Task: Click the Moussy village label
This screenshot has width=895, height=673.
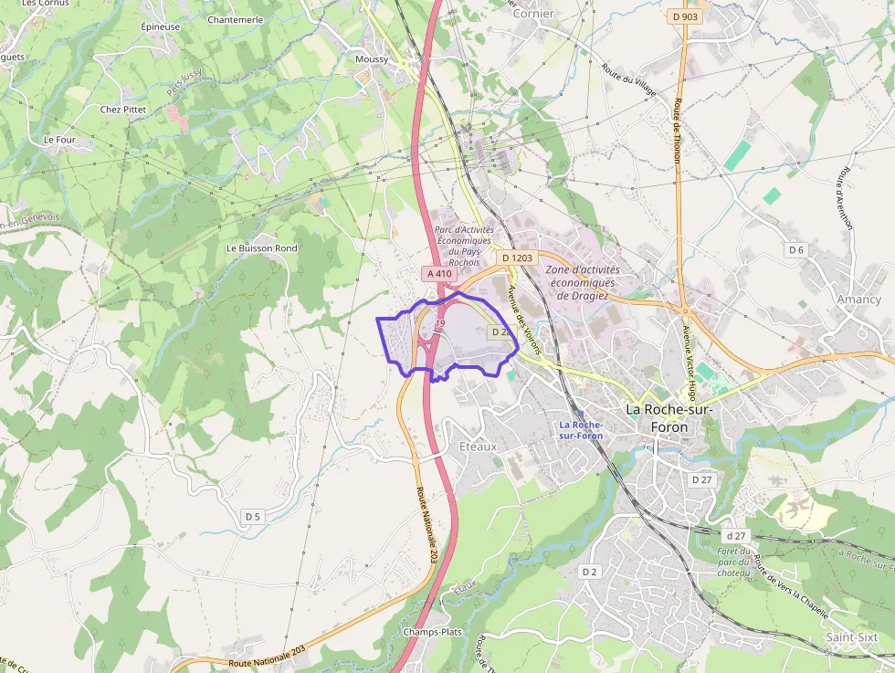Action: (x=372, y=59)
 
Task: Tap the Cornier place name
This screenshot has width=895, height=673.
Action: (x=533, y=14)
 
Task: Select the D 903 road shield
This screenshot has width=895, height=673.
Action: (x=685, y=16)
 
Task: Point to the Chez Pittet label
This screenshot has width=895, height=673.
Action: (x=123, y=110)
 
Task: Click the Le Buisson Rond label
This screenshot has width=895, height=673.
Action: (x=261, y=248)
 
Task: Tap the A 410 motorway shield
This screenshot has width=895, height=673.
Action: (x=437, y=273)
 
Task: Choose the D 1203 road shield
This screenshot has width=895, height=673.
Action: (x=517, y=258)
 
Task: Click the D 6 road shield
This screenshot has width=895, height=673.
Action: (x=796, y=249)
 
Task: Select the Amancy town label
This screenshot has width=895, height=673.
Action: (x=858, y=300)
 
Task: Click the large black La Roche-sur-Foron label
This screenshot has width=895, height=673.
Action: (x=669, y=418)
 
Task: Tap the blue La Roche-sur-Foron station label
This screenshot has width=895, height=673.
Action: (x=580, y=430)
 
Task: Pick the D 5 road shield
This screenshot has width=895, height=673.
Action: (x=253, y=517)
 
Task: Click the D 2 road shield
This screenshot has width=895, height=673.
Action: (x=589, y=572)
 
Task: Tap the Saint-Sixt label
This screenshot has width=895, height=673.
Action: (x=851, y=636)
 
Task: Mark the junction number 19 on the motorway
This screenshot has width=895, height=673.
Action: (x=440, y=324)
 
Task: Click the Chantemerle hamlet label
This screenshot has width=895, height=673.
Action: (x=236, y=19)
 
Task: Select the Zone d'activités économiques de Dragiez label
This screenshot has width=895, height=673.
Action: (x=582, y=282)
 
